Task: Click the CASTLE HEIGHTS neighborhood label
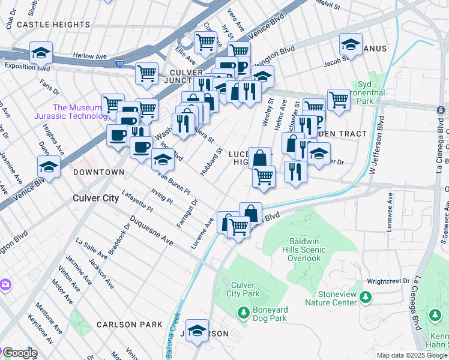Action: [x=54, y=25]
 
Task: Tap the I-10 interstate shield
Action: [x=121, y=61]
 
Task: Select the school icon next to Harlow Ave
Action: [x=41, y=53]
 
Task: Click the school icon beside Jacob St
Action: [x=351, y=44]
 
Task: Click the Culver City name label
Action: [x=95, y=197]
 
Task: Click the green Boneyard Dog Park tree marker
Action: [x=243, y=312]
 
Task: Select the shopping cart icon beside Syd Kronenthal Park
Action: [x=339, y=100]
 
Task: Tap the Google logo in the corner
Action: [x=19, y=353]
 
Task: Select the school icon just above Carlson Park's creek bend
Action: [x=197, y=331]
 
